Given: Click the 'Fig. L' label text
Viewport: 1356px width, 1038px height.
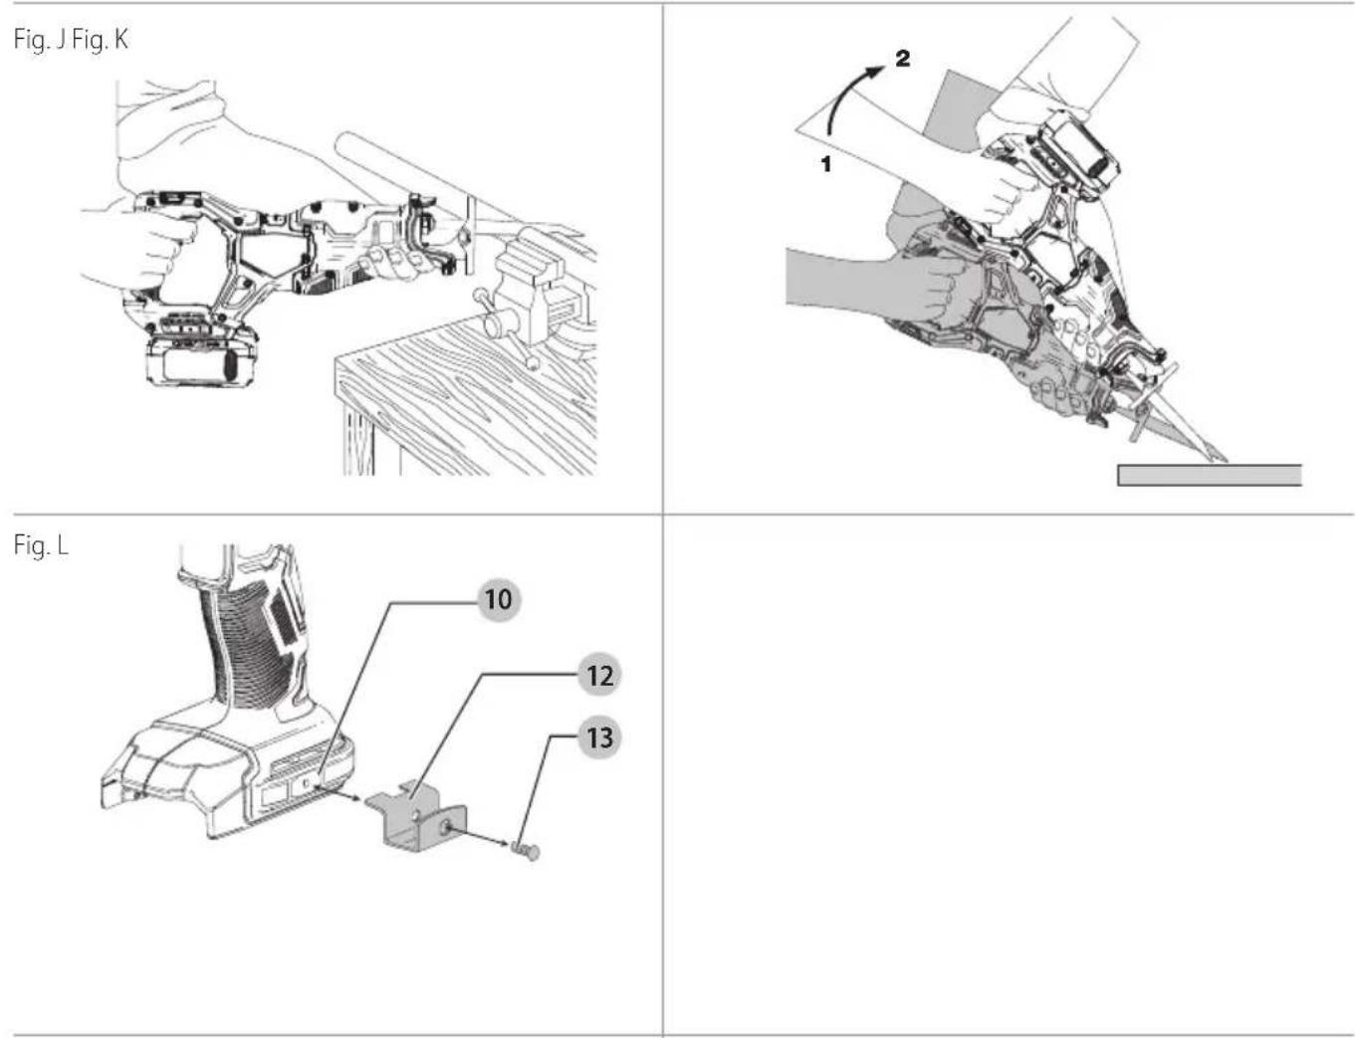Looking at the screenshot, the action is pyautogui.click(x=41, y=545).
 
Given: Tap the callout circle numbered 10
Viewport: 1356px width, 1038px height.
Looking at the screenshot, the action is pyautogui.click(x=498, y=600).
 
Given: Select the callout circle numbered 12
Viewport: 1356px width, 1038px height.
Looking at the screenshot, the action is pyautogui.click(x=598, y=676).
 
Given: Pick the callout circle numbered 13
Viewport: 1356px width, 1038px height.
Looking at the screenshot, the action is pyautogui.click(x=599, y=738).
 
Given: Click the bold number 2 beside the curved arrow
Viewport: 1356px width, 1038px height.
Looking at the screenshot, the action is pyautogui.click(x=902, y=60).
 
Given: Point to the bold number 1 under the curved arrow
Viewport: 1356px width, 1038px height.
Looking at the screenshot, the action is pyautogui.click(x=825, y=164).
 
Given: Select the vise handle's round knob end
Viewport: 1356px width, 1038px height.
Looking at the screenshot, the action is pyautogui.click(x=532, y=363).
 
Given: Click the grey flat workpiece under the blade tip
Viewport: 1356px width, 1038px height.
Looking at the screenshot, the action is pyautogui.click(x=1210, y=475).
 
